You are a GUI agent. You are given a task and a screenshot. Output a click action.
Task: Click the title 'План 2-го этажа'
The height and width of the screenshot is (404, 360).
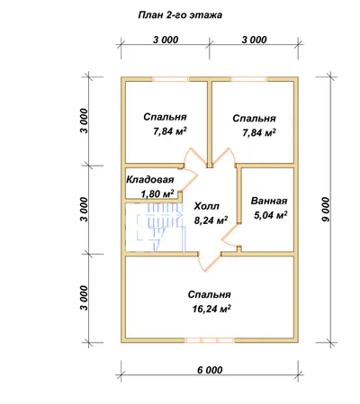coord(180,15)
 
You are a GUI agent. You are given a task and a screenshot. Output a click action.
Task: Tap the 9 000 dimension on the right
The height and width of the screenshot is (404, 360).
coord(325,210)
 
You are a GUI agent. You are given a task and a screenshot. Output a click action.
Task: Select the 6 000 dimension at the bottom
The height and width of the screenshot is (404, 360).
coord(210,370)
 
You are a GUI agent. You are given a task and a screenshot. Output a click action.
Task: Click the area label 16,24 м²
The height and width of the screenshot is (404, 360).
coord(211,309)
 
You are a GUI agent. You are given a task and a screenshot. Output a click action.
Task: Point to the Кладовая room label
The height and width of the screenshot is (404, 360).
coord(150,180)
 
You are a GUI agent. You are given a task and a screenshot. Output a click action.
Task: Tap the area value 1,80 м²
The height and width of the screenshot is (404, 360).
coord(157,193)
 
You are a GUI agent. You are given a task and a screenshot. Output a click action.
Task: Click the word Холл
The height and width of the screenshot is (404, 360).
coord(207,206)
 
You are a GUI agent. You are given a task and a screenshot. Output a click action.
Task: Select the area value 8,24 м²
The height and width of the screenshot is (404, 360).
coord(211,220)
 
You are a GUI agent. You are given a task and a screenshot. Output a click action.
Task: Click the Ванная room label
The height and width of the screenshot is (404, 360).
coord(269,201)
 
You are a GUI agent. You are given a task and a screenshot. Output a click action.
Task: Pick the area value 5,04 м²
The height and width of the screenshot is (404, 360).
coord(271,215)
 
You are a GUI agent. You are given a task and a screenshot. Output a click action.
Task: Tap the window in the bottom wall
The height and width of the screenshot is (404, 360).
coord(210,340)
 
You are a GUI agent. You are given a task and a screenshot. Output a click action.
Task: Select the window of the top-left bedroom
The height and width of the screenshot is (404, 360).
coord(170,79)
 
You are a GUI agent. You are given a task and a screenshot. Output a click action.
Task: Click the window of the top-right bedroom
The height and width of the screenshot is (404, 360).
coord(249,79)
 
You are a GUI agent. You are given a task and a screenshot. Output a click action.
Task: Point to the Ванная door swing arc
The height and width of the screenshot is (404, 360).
coord(229,235)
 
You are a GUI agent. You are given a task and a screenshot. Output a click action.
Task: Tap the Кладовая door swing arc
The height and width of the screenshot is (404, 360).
coord(190,179)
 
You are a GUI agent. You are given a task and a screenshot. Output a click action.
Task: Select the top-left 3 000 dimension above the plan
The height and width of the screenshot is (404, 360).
coord(166,40)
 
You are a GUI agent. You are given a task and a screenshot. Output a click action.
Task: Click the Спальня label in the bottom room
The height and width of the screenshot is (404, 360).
coord(210,294)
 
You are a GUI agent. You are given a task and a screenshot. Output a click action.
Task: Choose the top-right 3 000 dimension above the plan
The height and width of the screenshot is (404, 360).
coord(254,40)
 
